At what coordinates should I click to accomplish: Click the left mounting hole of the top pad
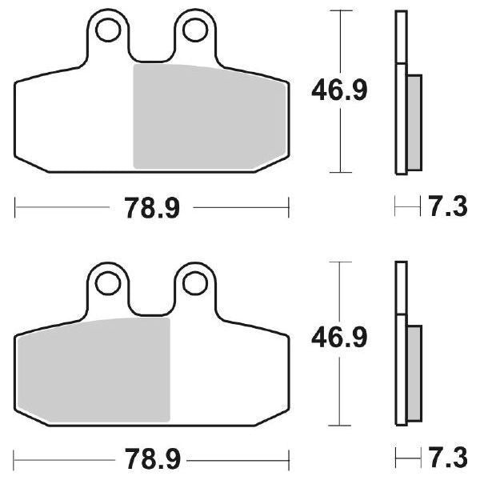click(x=108, y=30)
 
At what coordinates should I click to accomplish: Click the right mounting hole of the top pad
click(x=193, y=30)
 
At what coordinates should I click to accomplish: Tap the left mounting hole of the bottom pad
click(x=108, y=282)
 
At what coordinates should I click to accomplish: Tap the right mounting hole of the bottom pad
click(x=193, y=282)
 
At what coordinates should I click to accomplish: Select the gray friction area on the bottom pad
click(x=94, y=368)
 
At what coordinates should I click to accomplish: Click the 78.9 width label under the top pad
click(x=152, y=210)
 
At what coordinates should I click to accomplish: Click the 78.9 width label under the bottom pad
click(x=152, y=461)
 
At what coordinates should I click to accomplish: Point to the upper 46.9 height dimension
click(x=339, y=91)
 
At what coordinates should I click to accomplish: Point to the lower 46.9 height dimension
click(x=339, y=339)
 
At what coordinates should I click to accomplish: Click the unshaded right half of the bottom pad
click(x=228, y=368)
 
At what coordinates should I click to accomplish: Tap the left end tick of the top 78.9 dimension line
click(x=15, y=210)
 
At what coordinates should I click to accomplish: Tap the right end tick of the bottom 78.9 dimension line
click(x=288, y=461)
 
